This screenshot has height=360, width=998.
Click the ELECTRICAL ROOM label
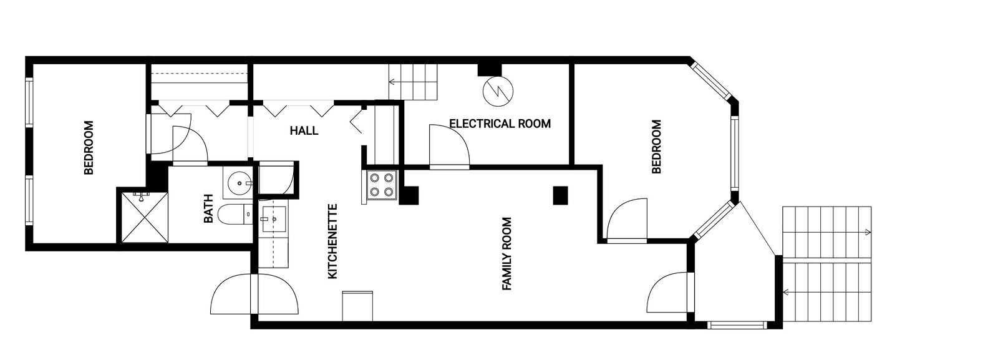tap(500, 124)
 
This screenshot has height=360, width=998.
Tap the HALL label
tap(304, 131)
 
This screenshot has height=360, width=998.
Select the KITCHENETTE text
tap(332, 241)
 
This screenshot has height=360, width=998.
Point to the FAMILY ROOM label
tap(506, 253)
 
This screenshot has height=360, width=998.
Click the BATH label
tap(209, 209)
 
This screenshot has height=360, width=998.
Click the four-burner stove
tap(382, 185)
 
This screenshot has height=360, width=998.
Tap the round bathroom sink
tap(239, 183)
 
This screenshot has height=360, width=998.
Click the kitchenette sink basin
tap(274, 219)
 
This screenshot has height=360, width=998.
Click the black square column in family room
tap(561, 195)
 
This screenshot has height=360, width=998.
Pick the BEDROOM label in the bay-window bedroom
tap(656, 147)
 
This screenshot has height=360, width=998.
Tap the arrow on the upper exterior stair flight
tap(867, 233)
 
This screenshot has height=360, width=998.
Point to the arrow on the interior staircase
tap(392, 82)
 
